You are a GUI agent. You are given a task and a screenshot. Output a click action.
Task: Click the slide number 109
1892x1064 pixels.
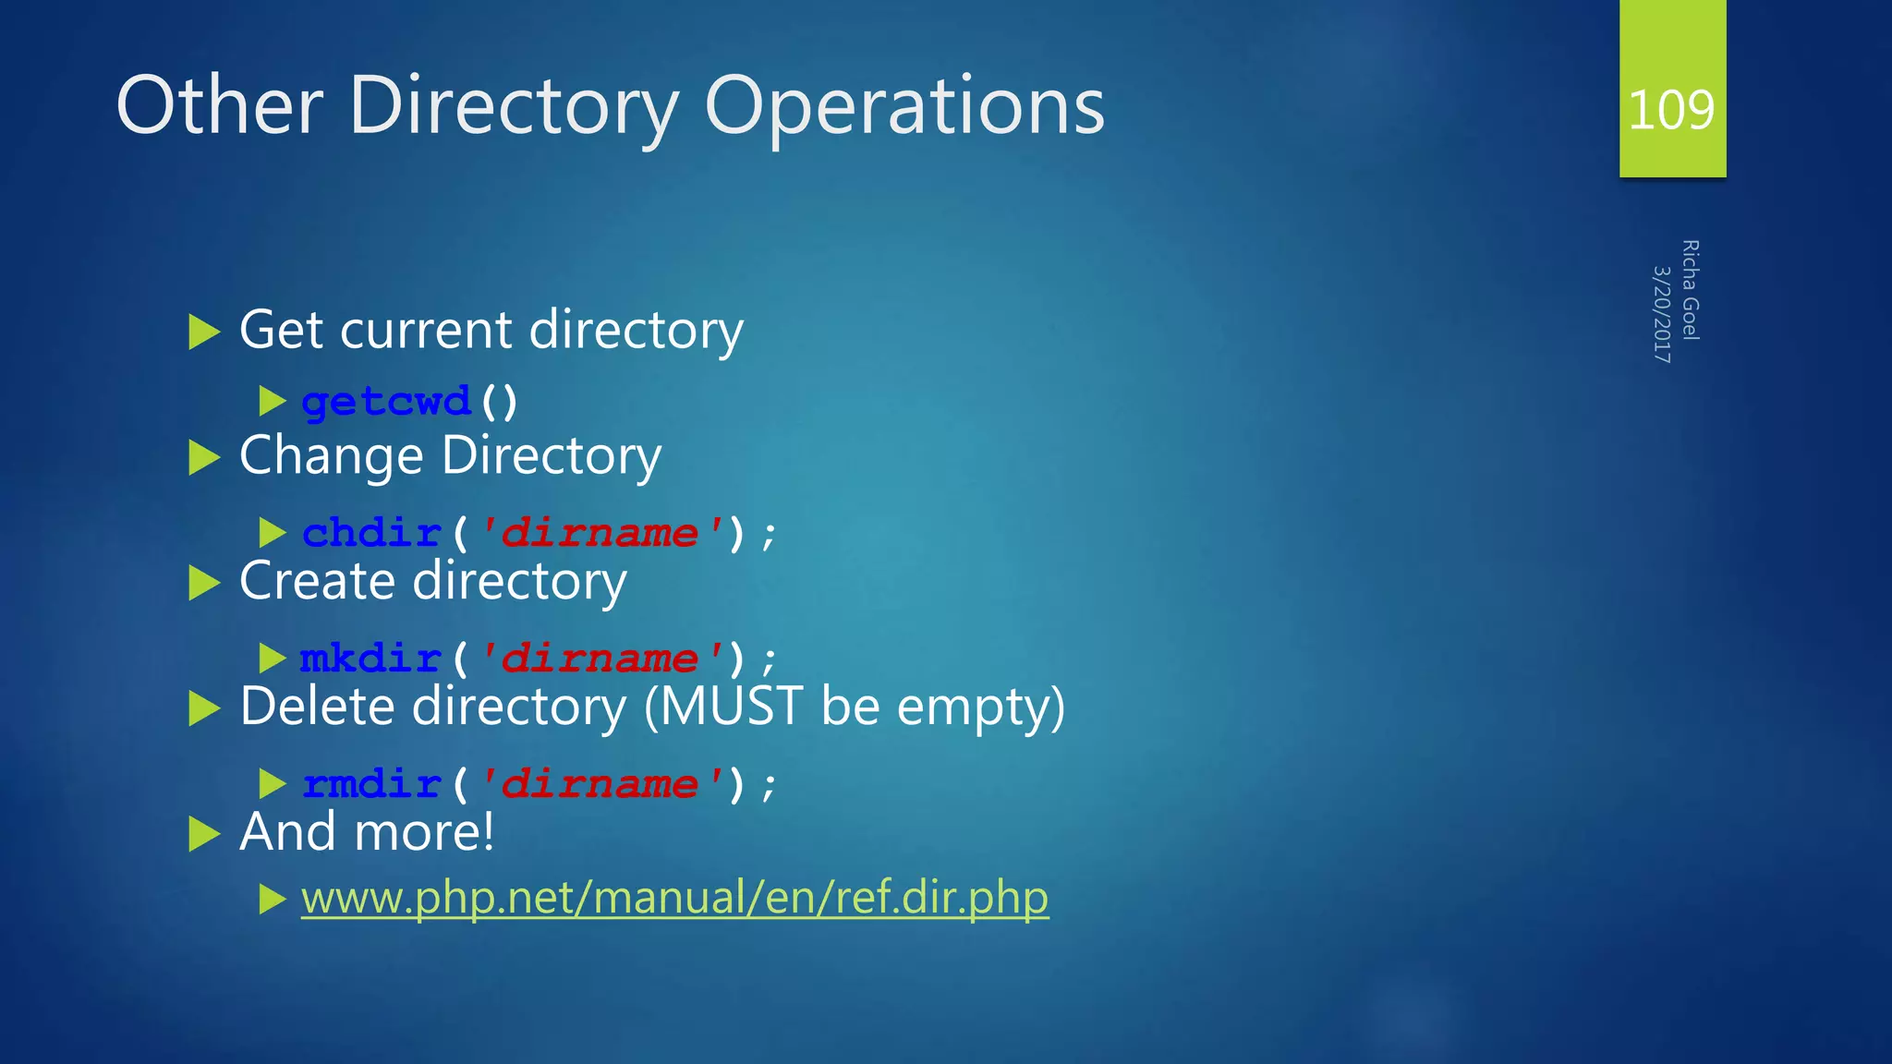point(1671,110)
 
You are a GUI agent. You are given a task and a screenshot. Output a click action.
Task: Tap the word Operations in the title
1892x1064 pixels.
point(904,106)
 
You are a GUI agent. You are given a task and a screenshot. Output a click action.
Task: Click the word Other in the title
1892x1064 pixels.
point(220,106)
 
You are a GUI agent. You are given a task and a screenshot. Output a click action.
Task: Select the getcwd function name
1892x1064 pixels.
point(386,402)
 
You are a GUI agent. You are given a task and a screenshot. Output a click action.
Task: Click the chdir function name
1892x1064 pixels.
point(371,533)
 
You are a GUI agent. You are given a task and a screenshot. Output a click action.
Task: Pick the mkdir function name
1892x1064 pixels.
point(370,659)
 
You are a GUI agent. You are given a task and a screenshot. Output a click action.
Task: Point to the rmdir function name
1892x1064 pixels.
point(371,784)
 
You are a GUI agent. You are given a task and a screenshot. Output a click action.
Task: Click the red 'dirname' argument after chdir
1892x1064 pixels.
point(600,533)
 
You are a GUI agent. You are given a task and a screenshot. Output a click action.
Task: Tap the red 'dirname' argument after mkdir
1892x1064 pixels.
point(600,659)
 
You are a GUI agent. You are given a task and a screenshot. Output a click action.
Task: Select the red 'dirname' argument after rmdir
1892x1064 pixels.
point(600,784)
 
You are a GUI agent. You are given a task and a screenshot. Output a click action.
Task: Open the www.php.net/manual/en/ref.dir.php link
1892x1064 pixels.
point(674,898)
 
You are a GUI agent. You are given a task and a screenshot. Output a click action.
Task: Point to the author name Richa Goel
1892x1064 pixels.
point(1691,290)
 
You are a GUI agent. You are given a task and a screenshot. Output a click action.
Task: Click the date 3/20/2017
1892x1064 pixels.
point(1661,314)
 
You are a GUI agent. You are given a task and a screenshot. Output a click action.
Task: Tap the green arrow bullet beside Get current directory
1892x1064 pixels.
point(203,332)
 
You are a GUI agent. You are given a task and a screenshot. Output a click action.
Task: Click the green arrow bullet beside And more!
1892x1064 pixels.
point(203,834)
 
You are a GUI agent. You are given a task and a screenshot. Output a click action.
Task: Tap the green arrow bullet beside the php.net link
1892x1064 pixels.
point(273,899)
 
